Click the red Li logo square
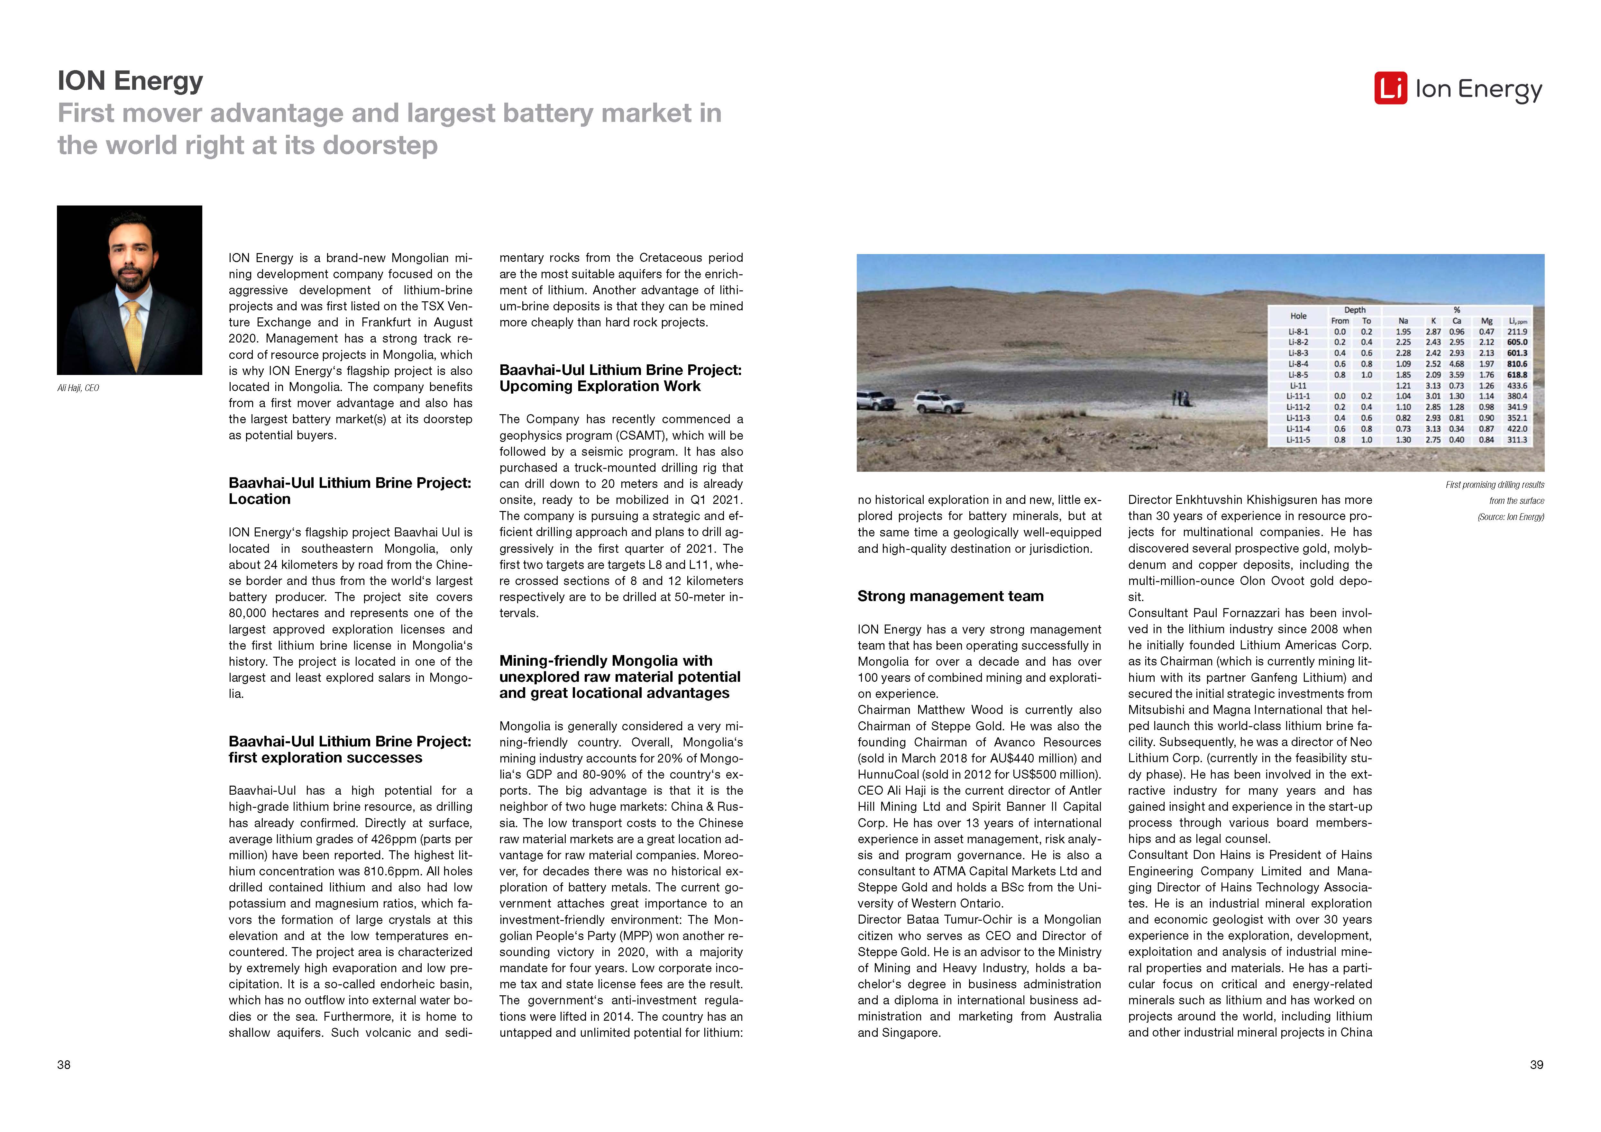coord(1390,88)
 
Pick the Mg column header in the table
coord(1487,321)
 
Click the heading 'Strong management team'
coord(950,596)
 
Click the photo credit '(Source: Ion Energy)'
coord(1510,517)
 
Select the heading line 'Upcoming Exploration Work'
coord(600,386)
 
